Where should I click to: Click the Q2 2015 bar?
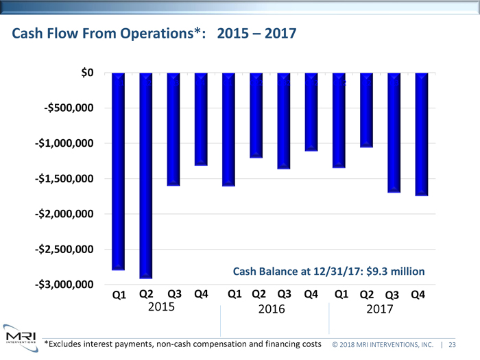(146, 175)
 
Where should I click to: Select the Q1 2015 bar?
(118, 171)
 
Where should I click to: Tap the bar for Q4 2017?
(422, 134)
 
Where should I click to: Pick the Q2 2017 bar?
(366, 110)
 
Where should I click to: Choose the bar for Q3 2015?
(173, 129)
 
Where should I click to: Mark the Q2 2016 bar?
(256, 115)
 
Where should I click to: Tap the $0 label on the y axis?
(88, 73)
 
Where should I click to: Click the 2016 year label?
(272, 309)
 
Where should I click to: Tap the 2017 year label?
(379, 309)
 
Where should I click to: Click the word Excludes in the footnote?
(68, 343)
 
